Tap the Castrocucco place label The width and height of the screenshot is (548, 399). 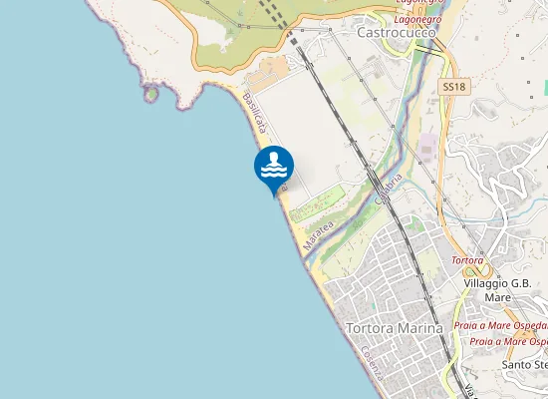pos(396,32)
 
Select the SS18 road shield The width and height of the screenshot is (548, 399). pos(453,88)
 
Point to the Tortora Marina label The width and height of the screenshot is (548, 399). pos(393,327)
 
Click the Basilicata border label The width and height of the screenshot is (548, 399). pos(256,113)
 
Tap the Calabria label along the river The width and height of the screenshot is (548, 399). pos(388,189)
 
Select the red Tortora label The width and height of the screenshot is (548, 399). pos(467,260)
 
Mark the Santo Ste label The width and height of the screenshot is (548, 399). pos(525,364)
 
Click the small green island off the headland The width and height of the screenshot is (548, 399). pos(150,94)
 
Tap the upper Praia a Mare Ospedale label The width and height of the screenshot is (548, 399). pos(500,325)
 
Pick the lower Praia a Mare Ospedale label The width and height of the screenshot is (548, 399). pos(508,341)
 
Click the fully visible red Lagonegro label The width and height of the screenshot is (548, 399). pos(417,19)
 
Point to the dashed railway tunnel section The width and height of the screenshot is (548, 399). pos(273,16)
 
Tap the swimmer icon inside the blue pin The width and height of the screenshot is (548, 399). pos(274,165)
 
